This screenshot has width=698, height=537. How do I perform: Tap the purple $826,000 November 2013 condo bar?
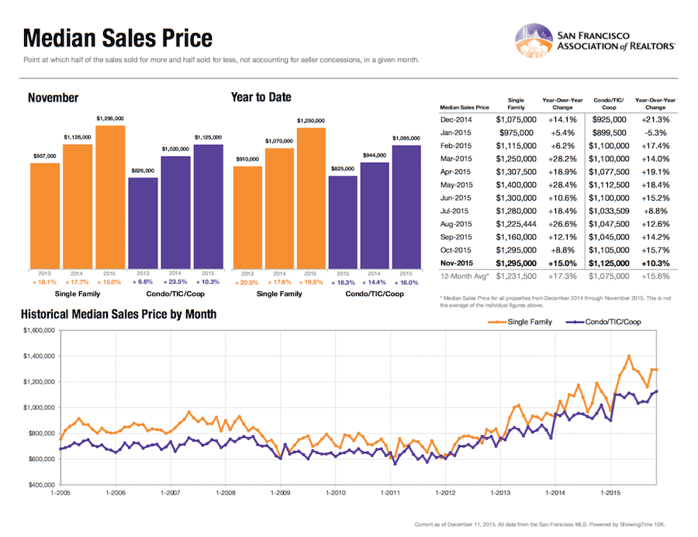pyautogui.click(x=143, y=222)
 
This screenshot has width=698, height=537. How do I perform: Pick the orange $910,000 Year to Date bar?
pyautogui.click(x=247, y=217)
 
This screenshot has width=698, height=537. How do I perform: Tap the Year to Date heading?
pyautogui.click(x=261, y=98)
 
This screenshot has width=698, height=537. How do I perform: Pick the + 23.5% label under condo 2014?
pyautogui.click(x=175, y=282)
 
